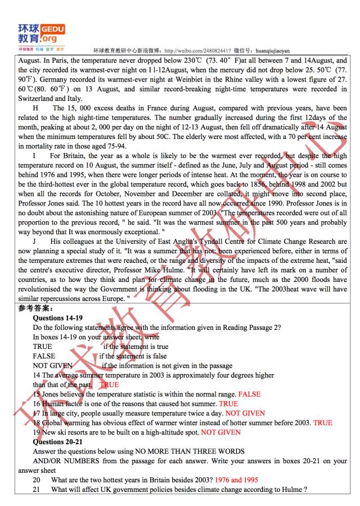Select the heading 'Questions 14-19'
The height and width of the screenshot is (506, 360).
point(58,318)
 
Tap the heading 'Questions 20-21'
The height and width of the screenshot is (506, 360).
point(58,442)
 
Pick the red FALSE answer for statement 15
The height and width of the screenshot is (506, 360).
point(249,394)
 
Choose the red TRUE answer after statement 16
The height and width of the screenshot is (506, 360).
point(228,404)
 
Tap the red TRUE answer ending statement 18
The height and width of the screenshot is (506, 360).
point(323,423)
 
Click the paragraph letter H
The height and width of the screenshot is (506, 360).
point(36,108)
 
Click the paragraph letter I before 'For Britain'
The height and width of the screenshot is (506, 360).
point(35,156)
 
